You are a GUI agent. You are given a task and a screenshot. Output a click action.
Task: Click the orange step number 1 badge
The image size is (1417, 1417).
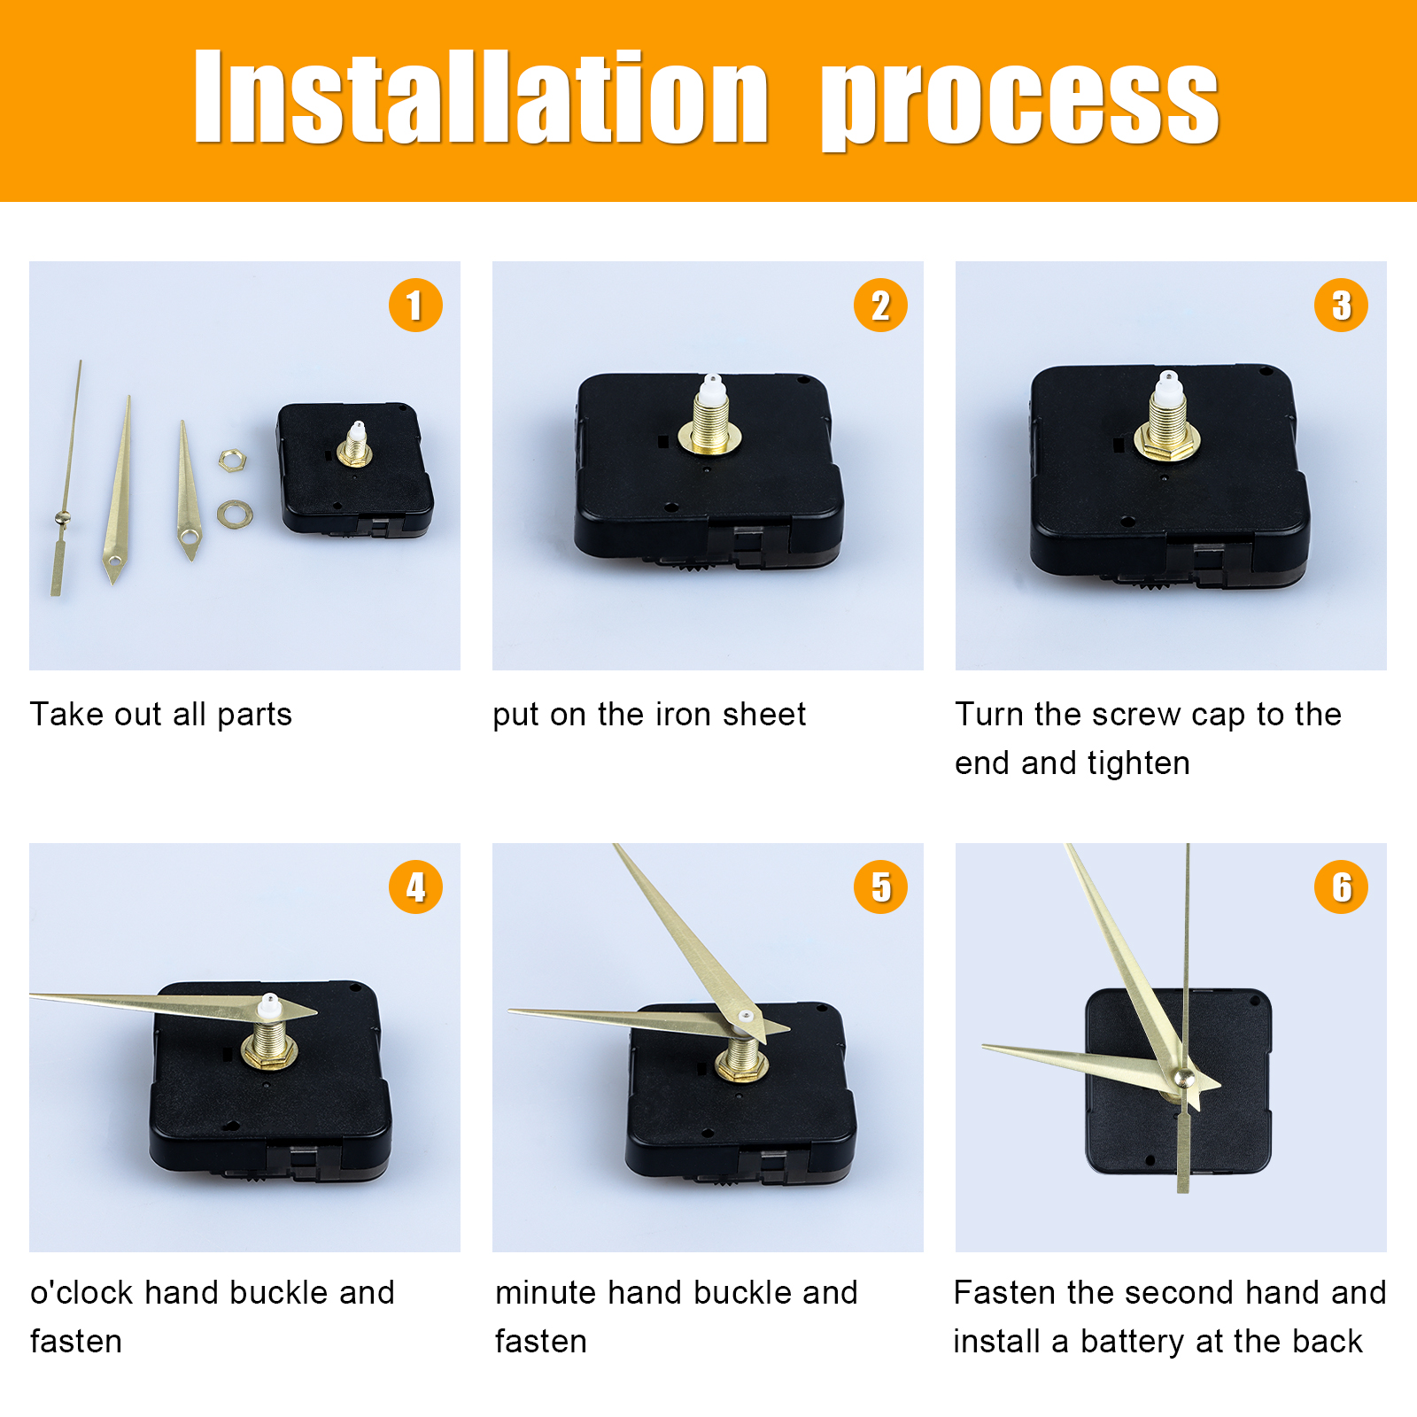[415, 306]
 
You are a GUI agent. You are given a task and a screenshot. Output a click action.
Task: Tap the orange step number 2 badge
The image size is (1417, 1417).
[880, 306]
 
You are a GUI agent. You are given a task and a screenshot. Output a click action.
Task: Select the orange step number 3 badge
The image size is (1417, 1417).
[1341, 306]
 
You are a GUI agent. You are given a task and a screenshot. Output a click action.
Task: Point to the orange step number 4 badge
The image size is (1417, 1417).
[415, 887]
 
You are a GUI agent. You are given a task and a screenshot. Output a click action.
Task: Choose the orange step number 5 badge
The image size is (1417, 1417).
[880, 887]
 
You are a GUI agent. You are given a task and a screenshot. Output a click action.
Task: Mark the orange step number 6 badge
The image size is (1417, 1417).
[1341, 887]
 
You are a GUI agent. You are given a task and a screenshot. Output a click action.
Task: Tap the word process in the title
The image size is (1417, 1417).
[1020, 103]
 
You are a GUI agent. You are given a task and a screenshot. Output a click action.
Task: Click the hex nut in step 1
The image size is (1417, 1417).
[232, 460]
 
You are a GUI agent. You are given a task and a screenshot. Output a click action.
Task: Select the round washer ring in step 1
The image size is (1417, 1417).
[235, 513]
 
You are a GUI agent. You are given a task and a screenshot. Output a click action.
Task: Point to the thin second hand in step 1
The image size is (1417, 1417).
[66, 478]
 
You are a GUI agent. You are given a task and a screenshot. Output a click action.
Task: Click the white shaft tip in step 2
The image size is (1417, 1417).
[712, 386]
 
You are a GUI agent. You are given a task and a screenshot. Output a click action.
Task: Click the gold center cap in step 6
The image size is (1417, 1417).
[1183, 1078]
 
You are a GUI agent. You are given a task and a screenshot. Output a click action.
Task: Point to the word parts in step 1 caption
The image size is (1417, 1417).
[254, 716]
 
